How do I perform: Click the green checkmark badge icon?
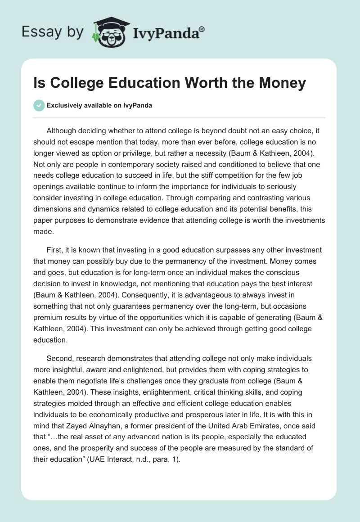point(39,105)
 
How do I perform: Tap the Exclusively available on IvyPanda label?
point(99,105)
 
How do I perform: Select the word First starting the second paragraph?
point(55,250)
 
